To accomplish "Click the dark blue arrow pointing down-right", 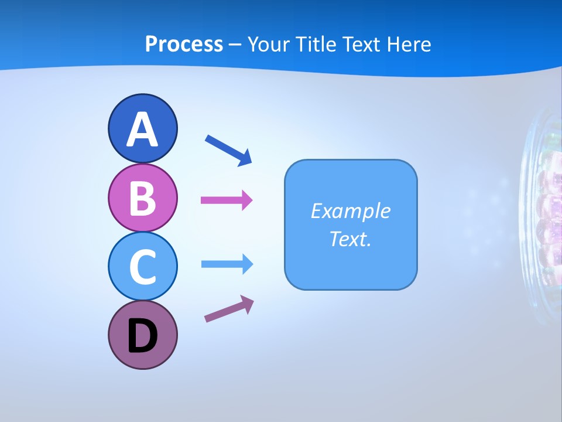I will (x=229, y=150).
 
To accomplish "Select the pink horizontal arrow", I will (x=227, y=200).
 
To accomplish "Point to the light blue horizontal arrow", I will (x=227, y=264).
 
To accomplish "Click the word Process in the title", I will (x=184, y=44).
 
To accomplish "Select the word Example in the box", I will (x=350, y=211).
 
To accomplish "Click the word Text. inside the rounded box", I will (x=350, y=239).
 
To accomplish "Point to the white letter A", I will (x=142, y=130).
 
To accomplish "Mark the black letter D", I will (x=142, y=336).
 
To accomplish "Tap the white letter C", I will (x=142, y=267).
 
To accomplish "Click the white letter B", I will (x=142, y=198).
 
